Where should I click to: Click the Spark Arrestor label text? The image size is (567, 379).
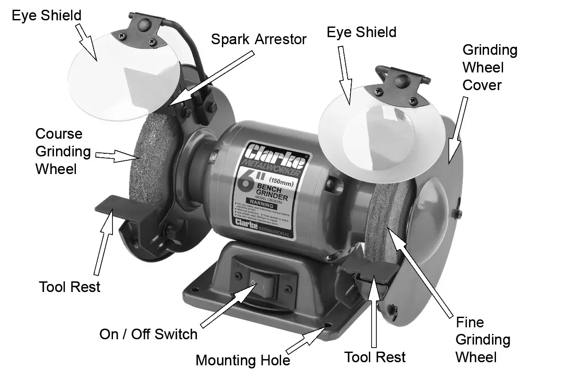258,39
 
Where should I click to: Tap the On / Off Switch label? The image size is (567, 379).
148,334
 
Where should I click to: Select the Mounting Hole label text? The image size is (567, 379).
243,360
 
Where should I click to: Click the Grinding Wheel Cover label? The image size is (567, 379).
489,67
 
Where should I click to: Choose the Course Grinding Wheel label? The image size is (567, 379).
63,151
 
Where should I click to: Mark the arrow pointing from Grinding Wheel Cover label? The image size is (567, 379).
457,129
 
